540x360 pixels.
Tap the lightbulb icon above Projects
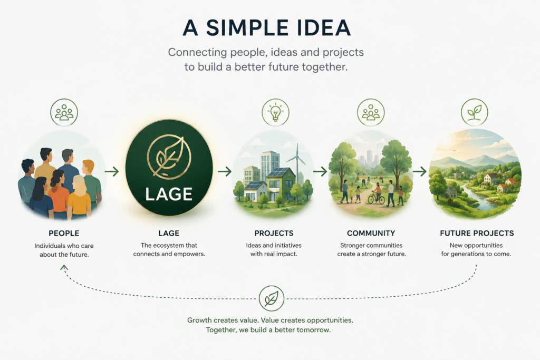[275, 112]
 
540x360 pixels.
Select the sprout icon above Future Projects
[474, 112]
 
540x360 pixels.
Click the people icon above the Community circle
[371, 112]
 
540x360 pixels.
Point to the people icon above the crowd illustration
[64, 112]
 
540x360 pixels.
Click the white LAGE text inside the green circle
[169, 194]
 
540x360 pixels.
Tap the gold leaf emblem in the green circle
[169, 157]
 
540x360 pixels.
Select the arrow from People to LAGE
[112, 171]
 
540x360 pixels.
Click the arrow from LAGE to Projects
[225, 171]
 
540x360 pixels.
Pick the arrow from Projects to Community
[320, 171]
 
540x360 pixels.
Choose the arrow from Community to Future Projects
[419, 171]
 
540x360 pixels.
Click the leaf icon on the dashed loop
[272, 298]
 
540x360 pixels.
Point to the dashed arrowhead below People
[64, 267]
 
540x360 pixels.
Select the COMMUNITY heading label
[371, 233]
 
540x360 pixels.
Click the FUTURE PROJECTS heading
[477, 233]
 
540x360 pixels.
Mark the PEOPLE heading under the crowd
[64, 233]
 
